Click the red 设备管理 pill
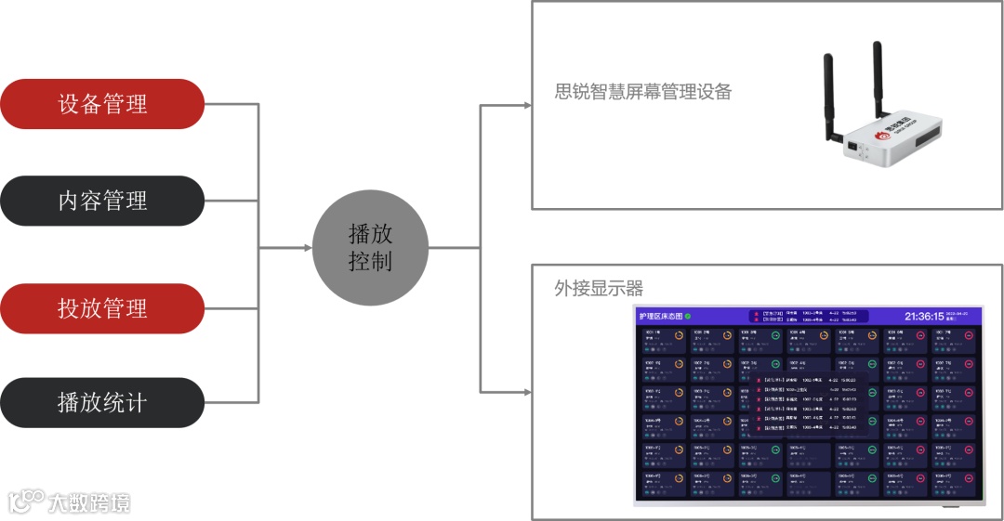(102, 104)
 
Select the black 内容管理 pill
(102, 201)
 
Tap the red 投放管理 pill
(102, 308)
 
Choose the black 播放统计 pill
(102, 403)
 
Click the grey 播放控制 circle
(370, 249)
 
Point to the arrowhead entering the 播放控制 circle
(307, 249)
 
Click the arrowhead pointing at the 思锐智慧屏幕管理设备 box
(527, 105)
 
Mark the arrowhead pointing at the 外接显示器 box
(527, 391)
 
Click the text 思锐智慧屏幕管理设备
(643, 92)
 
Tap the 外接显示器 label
(599, 288)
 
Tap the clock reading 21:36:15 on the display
(924, 316)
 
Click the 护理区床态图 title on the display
(661, 317)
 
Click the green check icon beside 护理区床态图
(688, 317)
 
